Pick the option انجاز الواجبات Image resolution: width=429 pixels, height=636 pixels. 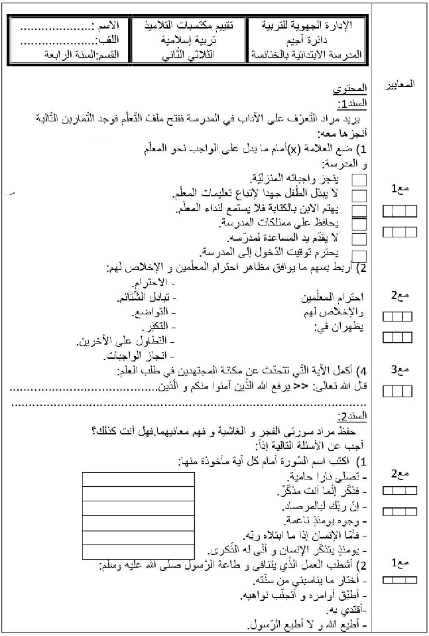(x=139, y=357)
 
